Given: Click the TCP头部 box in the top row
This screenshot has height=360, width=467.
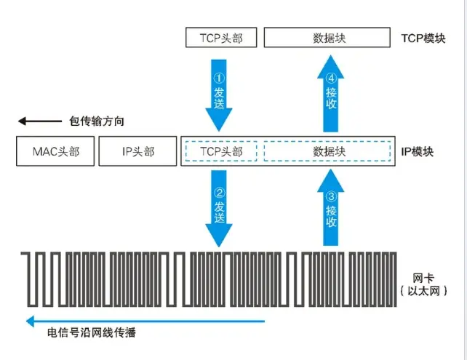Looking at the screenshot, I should (220, 38).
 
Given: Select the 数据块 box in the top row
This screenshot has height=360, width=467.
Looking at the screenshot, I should (330, 38).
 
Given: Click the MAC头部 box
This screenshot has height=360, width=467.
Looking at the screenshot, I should (55, 152).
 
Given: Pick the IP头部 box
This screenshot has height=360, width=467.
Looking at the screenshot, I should (137, 152).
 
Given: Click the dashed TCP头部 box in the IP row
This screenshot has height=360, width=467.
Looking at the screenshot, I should (220, 152).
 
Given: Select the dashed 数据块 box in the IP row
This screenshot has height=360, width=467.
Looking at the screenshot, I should (330, 152).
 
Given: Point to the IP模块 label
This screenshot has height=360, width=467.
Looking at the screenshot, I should (417, 152).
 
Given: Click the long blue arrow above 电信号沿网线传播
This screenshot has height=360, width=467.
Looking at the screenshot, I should (145, 321).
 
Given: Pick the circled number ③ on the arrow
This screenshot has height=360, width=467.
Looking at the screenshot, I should (331, 195).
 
